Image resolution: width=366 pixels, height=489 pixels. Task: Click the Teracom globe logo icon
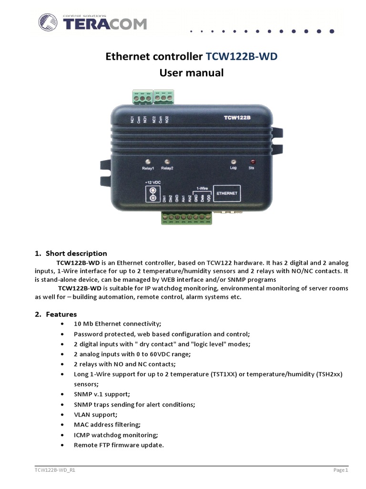point(49,23)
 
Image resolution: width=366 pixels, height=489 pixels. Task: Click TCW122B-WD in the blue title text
point(241,57)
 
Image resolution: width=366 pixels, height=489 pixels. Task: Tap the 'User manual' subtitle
point(191,73)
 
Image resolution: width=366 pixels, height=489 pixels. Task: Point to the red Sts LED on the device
point(252,161)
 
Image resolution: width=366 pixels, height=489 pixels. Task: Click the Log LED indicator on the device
point(233,161)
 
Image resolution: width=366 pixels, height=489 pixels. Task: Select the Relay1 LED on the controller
point(148,161)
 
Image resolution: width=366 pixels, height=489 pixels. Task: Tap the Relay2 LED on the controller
point(167,161)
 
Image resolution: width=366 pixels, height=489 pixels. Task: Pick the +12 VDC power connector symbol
point(153,193)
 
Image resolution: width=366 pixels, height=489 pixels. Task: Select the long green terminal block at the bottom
point(186,218)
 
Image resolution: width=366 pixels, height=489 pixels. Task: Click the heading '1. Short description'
point(71,253)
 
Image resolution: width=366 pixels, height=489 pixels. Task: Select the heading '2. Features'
point(56,314)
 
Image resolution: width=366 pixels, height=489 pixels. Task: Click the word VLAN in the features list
point(83,415)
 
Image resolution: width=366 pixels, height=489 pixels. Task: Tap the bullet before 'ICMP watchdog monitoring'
point(63,435)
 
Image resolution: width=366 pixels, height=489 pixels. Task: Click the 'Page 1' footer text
point(340,470)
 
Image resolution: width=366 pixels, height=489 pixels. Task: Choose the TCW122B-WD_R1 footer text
point(55,470)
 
